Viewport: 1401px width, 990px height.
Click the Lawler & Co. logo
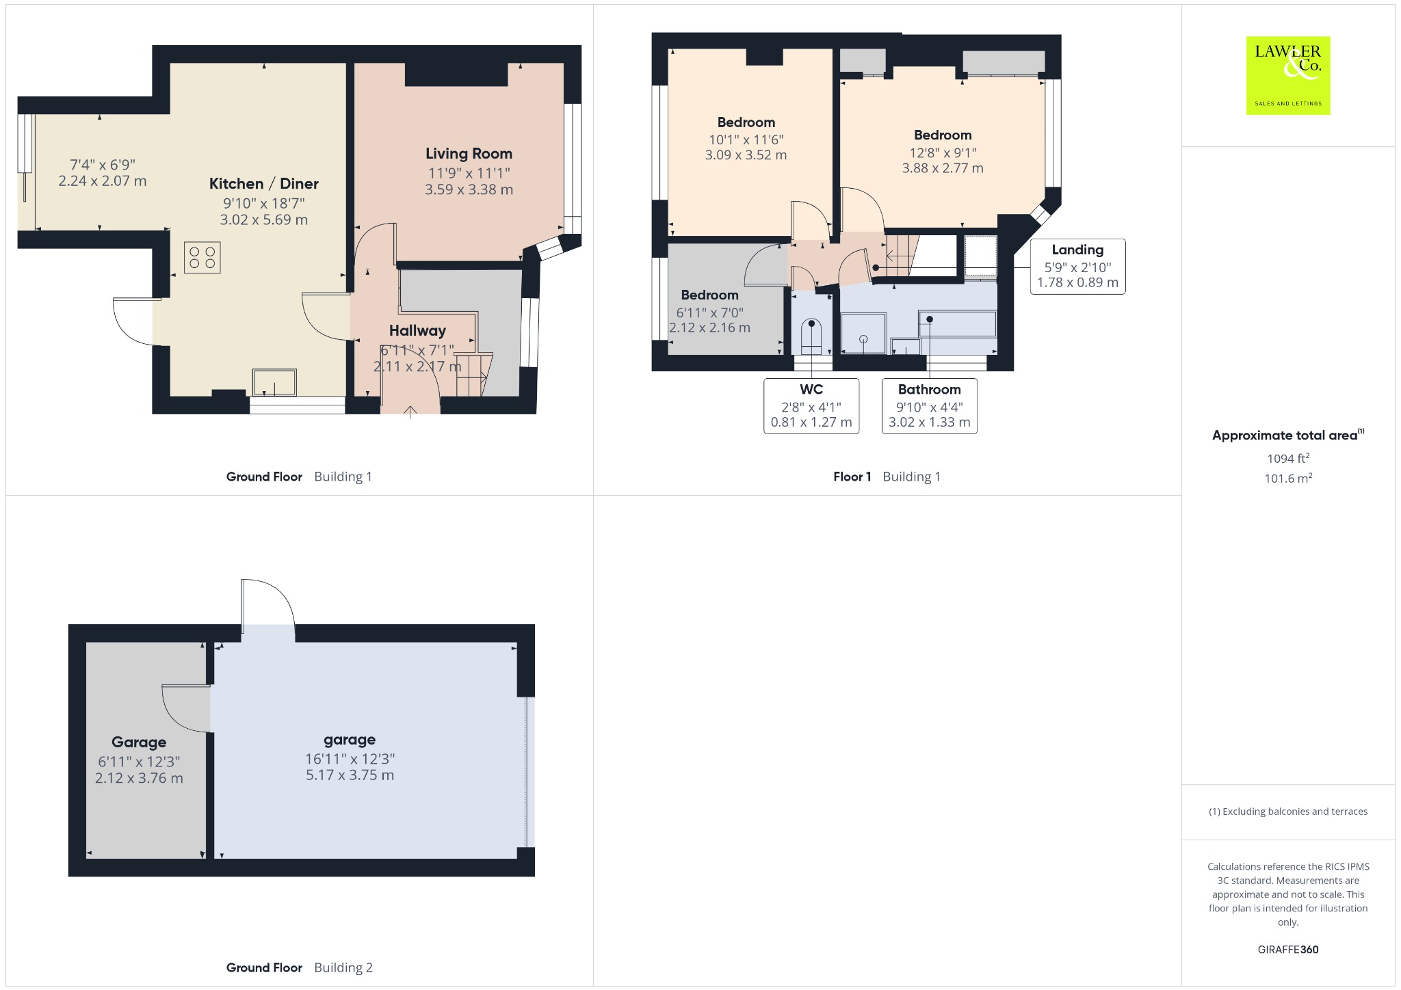[x=1287, y=75]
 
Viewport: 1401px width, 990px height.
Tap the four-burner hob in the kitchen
[x=202, y=258]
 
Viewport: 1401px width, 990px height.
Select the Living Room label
[x=469, y=154]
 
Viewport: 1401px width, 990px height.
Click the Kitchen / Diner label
[x=264, y=183]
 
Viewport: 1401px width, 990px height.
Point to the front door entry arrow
[x=410, y=412]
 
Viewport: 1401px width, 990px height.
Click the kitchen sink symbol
[x=274, y=382]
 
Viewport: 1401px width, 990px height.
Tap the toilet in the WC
[x=811, y=337]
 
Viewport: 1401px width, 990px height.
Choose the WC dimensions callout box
[x=811, y=406]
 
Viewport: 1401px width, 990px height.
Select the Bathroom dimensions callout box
[x=929, y=406]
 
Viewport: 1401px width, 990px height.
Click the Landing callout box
[x=1077, y=267]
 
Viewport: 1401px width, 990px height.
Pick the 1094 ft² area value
[x=1288, y=459]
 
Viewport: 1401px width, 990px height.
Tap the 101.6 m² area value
[x=1288, y=479]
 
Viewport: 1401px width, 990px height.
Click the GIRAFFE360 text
[x=1288, y=949]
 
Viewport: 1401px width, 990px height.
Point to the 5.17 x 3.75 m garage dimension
[x=350, y=775]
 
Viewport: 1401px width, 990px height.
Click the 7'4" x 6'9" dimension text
[x=103, y=165]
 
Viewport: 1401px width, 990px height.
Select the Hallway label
[x=417, y=331]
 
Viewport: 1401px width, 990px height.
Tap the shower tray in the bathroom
[x=863, y=333]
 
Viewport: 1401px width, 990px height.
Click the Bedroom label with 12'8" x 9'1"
[x=943, y=135]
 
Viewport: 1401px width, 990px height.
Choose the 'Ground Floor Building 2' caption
[x=300, y=967]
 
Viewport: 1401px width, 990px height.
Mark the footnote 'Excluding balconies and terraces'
[x=1288, y=812]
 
